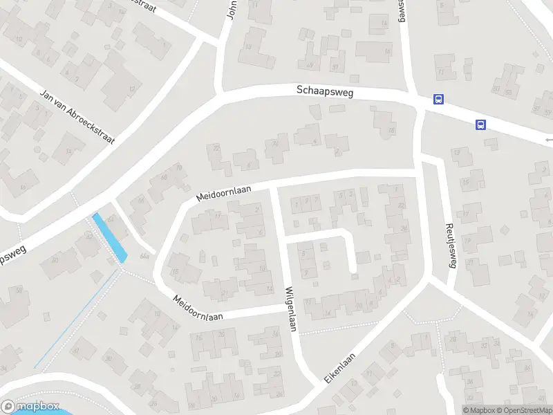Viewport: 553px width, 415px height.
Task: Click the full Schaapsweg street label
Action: coord(324,91)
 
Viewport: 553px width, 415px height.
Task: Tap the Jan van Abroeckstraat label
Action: coord(77,116)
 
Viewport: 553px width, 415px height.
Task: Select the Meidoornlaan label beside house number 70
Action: coord(223,192)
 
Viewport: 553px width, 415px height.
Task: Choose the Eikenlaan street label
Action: coord(339,369)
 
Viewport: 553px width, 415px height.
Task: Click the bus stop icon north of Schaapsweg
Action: coord(438,100)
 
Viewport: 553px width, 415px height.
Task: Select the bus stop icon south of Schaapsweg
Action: coord(480,125)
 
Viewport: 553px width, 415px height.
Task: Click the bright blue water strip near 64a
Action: coord(109,237)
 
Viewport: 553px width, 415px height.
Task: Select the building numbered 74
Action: coord(276,148)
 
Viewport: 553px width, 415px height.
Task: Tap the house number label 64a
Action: coord(144,257)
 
